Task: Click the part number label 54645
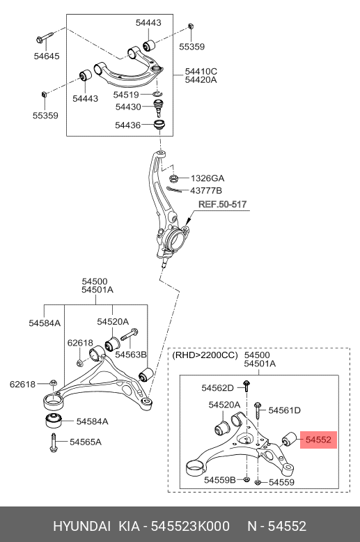(47, 56)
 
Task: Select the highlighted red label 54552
(318, 440)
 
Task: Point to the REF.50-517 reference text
(223, 204)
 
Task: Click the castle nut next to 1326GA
(174, 178)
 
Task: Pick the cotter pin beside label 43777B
(174, 189)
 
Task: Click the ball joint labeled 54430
(158, 107)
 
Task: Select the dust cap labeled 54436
(159, 125)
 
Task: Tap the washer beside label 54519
(157, 94)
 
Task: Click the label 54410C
(201, 72)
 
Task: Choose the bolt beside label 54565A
(53, 443)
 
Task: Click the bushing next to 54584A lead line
(54, 420)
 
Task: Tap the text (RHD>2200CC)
(205, 355)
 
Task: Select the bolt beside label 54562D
(246, 386)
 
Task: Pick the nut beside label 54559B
(246, 479)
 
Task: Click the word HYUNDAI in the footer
(82, 526)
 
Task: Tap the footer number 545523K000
(190, 526)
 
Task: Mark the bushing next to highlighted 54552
(289, 440)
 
